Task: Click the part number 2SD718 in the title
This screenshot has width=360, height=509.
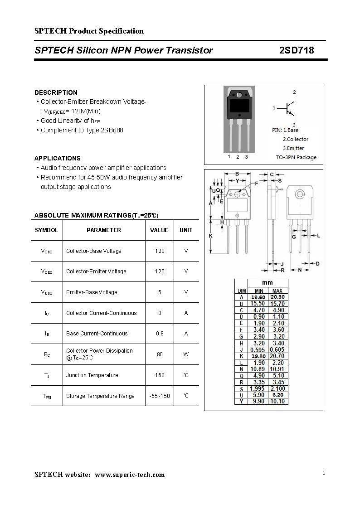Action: tap(297, 50)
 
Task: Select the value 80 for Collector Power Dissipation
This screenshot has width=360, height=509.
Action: tap(160, 354)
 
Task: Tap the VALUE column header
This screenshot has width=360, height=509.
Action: tap(159, 230)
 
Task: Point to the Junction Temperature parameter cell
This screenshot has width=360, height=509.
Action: tap(92, 375)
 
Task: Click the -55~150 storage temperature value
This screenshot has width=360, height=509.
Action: tap(160, 396)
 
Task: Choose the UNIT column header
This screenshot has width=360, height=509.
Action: tap(186, 230)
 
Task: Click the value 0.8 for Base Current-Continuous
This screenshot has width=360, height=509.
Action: tap(160, 333)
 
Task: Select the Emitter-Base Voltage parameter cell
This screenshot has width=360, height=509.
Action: tap(92, 292)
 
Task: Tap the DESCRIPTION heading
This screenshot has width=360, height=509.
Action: tap(56, 92)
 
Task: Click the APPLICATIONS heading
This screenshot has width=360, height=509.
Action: tap(58, 158)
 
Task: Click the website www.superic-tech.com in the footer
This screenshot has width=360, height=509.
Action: tap(130, 475)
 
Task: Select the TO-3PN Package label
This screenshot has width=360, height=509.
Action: tap(296, 157)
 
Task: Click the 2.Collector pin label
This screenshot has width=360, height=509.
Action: tap(295, 139)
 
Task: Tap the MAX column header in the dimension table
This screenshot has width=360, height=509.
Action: tap(277, 291)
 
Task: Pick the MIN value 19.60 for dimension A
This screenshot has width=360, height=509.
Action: tap(258, 297)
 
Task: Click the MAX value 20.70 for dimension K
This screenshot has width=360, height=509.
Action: tap(277, 356)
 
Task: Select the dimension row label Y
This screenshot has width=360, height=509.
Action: tap(242, 401)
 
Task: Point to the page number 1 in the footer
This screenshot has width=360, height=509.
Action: tap(324, 473)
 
